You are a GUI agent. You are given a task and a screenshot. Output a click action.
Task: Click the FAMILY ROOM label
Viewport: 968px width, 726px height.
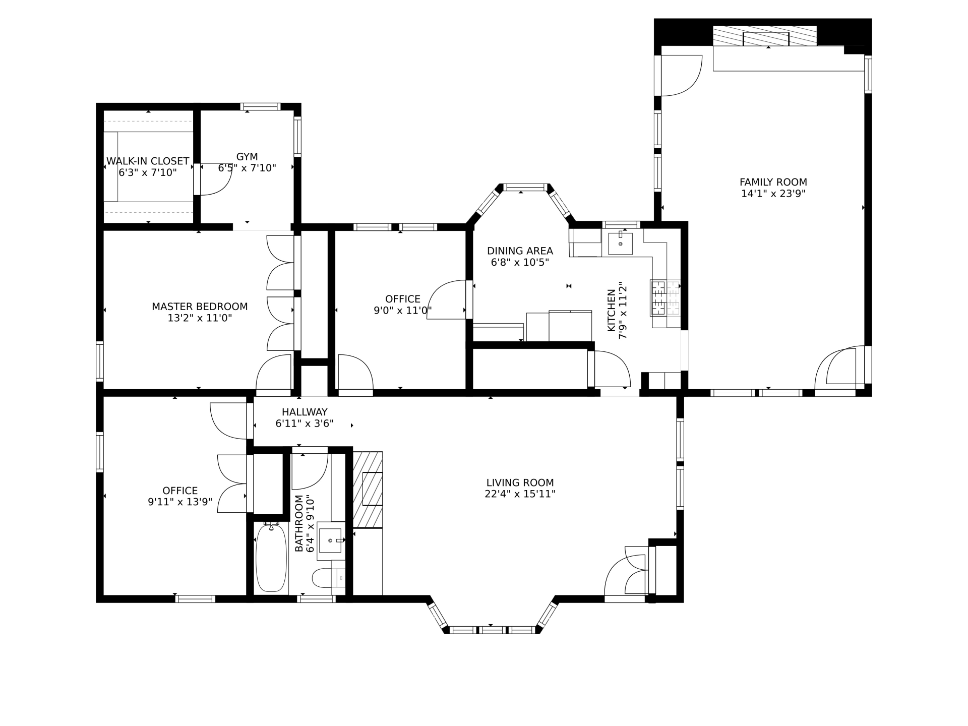(x=773, y=182)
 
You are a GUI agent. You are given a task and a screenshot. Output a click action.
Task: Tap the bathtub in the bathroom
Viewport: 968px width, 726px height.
(x=271, y=558)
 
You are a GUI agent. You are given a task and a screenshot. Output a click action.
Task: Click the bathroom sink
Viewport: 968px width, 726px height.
(x=331, y=540)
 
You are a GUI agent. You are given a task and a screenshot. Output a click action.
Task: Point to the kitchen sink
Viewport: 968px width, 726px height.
(x=620, y=244)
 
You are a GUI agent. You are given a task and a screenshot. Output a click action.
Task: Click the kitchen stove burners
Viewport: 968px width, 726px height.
(x=665, y=297)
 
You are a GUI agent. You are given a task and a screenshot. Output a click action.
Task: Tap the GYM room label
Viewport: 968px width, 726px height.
(x=247, y=157)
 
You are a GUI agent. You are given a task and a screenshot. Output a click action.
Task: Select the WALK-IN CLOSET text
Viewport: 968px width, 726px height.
(x=148, y=161)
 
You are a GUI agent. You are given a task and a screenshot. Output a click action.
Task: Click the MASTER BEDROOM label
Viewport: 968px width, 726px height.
(x=200, y=307)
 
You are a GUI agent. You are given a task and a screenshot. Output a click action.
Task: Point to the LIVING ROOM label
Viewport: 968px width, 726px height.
(x=520, y=482)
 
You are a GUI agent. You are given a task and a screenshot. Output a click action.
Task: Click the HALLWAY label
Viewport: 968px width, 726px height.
(x=305, y=412)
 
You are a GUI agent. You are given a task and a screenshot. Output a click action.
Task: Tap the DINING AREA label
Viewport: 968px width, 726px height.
(x=520, y=251)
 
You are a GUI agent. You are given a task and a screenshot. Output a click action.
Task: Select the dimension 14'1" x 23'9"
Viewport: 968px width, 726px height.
(x=773, y=194)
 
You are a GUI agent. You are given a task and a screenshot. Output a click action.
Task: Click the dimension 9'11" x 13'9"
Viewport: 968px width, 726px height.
(x=180, y=502)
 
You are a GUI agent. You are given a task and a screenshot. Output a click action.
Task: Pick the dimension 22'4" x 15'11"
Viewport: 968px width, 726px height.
(x=520, y=494)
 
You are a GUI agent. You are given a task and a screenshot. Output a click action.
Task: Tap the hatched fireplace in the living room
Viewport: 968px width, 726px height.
(x=368, y=490)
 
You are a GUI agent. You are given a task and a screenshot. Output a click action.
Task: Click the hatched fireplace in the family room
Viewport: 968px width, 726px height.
(x=765, y=36)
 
